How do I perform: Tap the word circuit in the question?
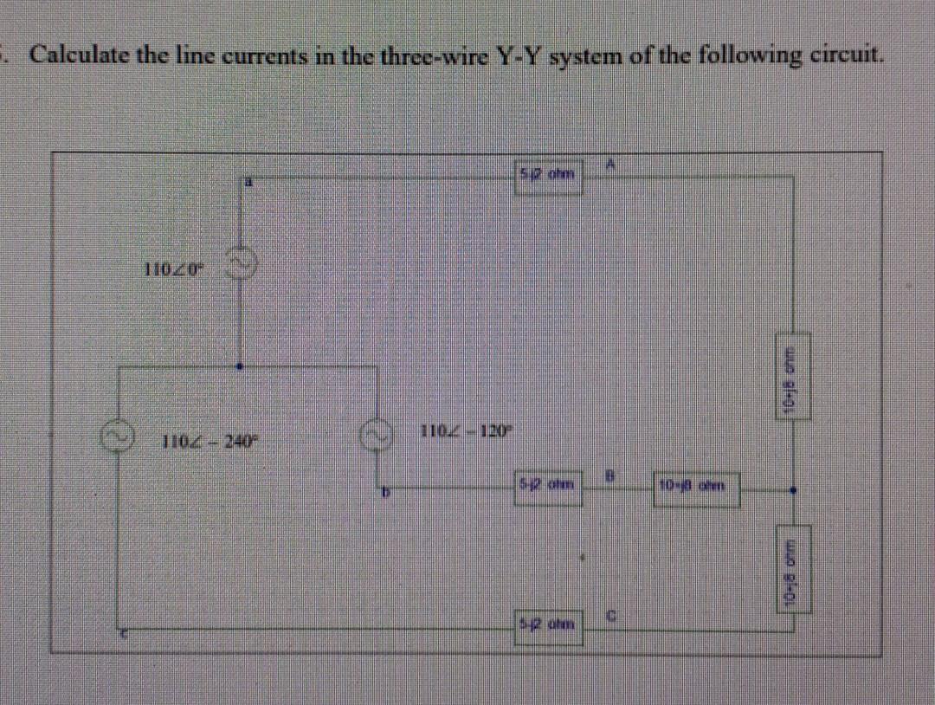843,55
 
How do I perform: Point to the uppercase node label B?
609,473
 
